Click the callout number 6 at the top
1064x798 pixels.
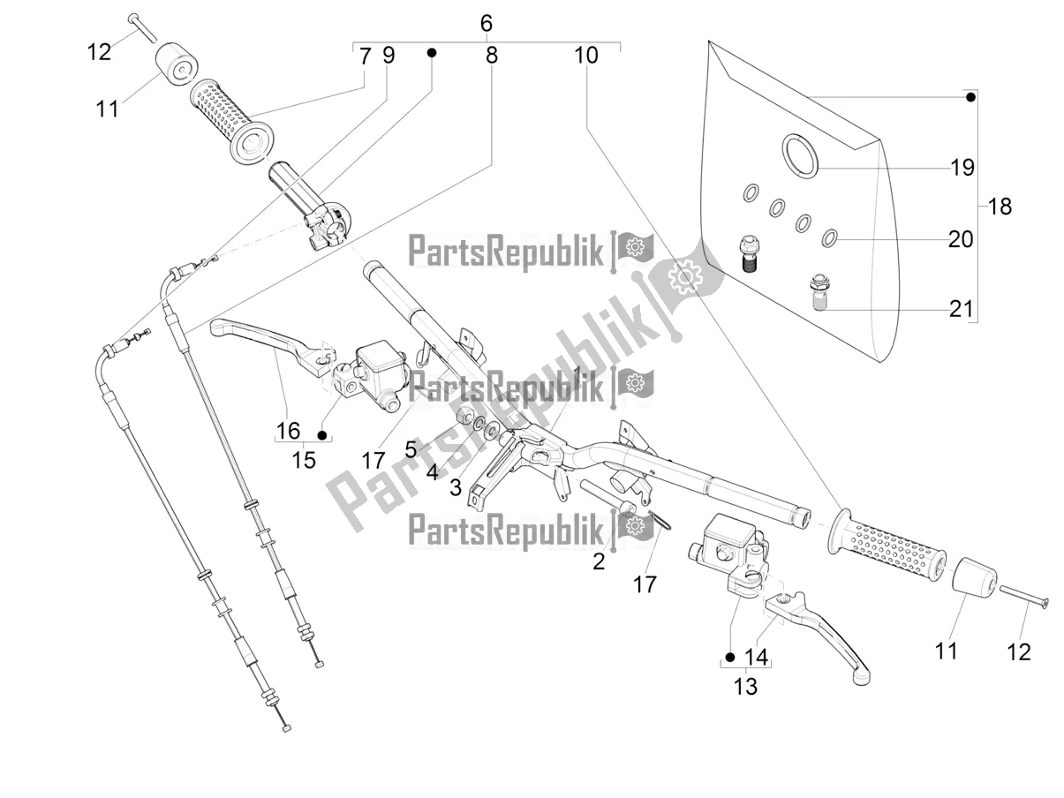coord(486,23)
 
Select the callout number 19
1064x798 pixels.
coord(962,167)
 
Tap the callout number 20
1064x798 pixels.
coord(961,238)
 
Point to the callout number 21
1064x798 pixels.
coord(961,309)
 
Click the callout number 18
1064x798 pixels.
coord(1000,207)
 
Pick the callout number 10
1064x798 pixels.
coord(585,56)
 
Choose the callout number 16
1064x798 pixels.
coord(288,431)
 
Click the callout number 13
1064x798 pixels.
coord(745,686)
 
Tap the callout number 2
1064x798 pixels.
coord(599,561)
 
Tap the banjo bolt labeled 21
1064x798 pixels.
coord(820,290)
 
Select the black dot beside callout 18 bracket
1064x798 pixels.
coord(970,97)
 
